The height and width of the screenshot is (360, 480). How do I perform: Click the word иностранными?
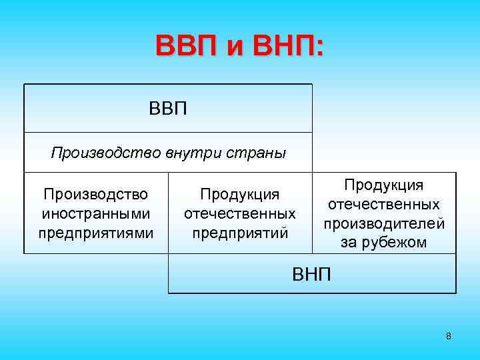(96, 214)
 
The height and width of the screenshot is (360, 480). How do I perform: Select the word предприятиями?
(96, 233)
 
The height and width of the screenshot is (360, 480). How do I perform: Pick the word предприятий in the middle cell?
(240, 233)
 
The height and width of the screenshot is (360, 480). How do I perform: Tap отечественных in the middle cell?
(240, 214)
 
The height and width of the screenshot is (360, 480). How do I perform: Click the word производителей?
(384, 223)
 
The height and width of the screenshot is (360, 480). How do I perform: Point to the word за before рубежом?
(349, 243)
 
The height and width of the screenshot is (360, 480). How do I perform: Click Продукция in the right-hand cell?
(384, 185)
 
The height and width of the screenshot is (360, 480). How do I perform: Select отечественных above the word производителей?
(384, 204)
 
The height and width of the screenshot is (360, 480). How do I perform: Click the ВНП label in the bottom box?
(312, 274)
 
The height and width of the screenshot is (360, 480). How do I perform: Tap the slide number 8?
(449, 336)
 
